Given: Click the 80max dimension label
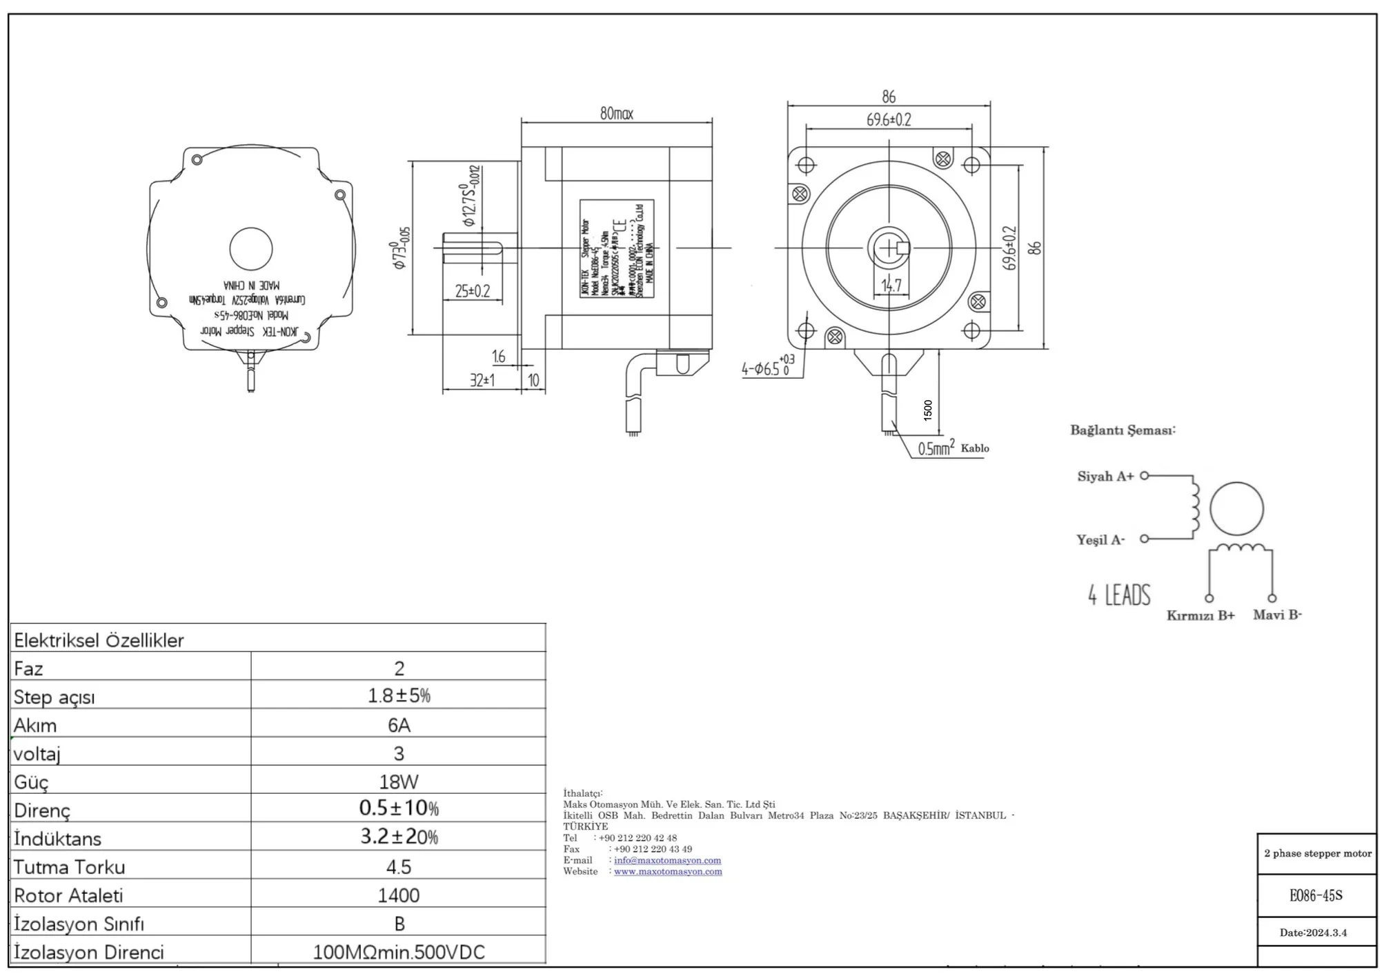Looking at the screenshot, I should [x=616, y=113].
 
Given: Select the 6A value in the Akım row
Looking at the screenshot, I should [x=399, y=725].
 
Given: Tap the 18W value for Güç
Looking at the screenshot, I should [x=399, y=781].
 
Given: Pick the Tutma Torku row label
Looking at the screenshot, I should [x=70, y=867].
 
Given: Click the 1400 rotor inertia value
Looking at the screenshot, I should [x=399, y=895].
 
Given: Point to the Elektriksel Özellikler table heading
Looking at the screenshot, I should [x=99, y=640].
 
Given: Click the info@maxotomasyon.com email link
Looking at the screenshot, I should [x=667, y=860].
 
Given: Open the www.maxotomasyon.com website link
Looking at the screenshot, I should [x=668, y=871].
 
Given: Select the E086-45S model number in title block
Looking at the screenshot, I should [x=1316, y=895].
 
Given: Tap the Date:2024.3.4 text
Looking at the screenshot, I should [x=1313, y=932].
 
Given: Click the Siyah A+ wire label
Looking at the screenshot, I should [x=1105, y=476].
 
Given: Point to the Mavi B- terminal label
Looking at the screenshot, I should [x=1277, y=615].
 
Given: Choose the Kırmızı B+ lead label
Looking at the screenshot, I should [x=1200, y=615].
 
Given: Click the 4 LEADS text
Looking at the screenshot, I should [x=1119, y=595].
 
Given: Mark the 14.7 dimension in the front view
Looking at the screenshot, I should [x=891, y=285].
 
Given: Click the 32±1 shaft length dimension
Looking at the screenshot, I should [x=482, y=379].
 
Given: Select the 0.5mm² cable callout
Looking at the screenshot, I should [x=936, y=448].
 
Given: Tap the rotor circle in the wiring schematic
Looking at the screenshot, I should [x=1236, y=509].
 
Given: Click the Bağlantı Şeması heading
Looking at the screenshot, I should [x=1123, y=430].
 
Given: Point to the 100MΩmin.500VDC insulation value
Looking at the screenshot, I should [x=399, y=952].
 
